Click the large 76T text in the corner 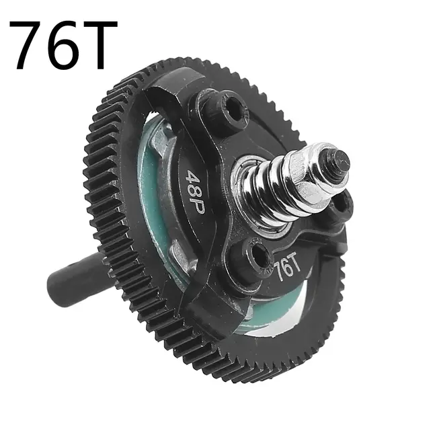click(64, 45)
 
